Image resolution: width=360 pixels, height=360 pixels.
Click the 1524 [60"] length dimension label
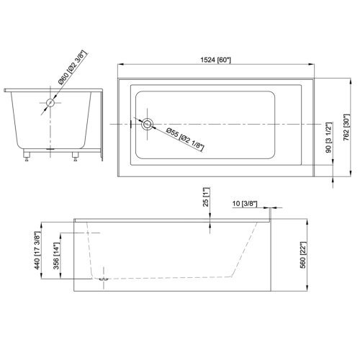[x=216, y=60]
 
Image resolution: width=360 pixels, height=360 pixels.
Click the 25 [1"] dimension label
[x=206, y=197]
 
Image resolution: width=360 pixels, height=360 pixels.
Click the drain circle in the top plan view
[x=147, y=125]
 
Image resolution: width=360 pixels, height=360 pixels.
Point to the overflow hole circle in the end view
[x=50, y=103]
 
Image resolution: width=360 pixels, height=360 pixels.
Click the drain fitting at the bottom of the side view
[x=102, y=279]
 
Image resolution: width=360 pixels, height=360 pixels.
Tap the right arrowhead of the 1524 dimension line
[x=311, y=66]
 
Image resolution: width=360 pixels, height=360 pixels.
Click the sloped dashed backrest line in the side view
[x=243, y=252]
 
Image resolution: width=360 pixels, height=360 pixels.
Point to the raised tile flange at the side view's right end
[x=267, y=214]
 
